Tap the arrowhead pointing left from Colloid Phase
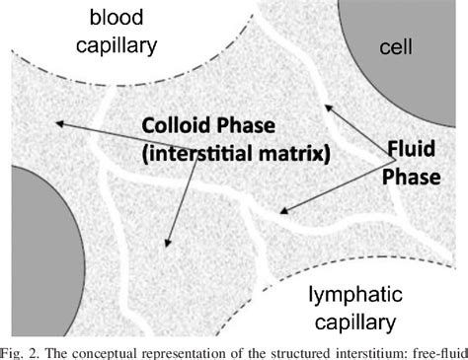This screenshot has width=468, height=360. click(60, 123)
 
